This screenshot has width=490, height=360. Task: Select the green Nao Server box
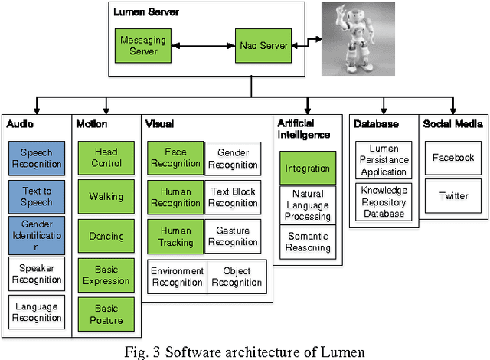(x=263, y=46)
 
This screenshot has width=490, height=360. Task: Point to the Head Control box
(x=106, y=158)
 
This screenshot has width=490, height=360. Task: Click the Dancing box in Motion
(x=106, y=237)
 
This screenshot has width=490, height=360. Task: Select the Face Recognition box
(x=175, y=158)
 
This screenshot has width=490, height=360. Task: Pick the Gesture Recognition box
(x=233, y=237)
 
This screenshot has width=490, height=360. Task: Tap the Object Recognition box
(x=237, y=277)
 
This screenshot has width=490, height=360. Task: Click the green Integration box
(x=307, y=169)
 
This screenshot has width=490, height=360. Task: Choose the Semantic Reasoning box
(x=307, y=242)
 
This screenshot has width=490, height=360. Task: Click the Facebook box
(x=453, y=158)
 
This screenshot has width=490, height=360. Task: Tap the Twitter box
(x=453, y=196)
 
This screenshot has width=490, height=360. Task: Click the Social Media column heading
(x=452, y=123)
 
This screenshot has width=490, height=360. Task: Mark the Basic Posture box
(x=106, y=315)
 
